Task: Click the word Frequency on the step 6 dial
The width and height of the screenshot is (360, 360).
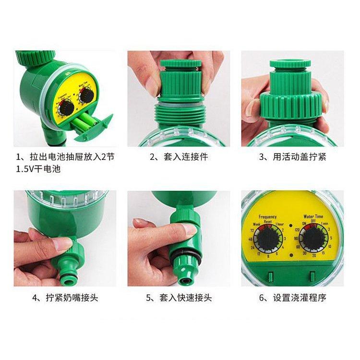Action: point(268,217)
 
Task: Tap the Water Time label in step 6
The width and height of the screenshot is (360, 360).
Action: point(313,217)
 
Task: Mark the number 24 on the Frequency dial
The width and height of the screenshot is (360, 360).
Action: point(252,248)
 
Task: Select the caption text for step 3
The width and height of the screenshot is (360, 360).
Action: point(292,157)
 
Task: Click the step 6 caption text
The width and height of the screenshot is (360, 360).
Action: point(292,298)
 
